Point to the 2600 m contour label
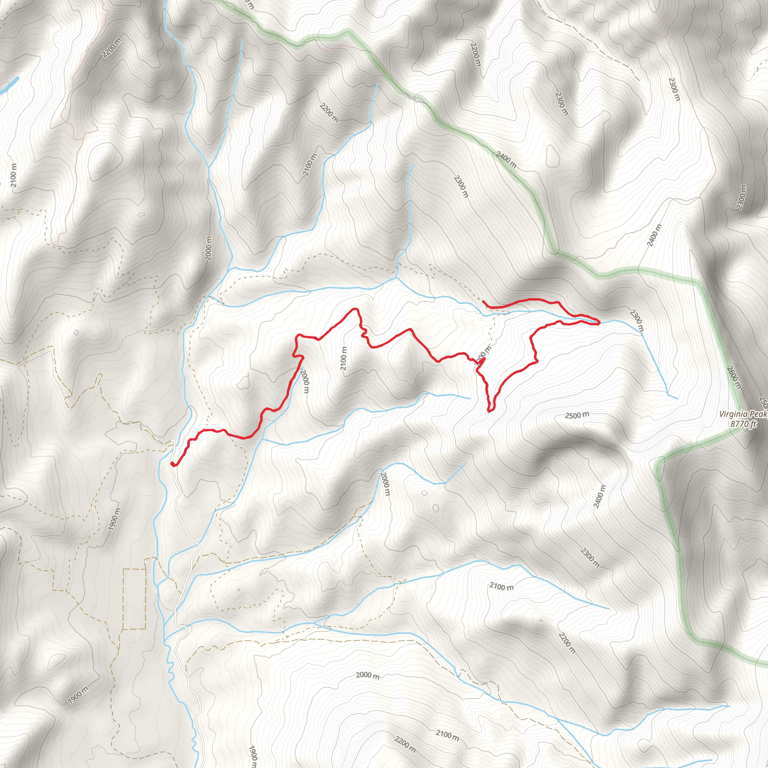pyautogui.click(x=734, y=377)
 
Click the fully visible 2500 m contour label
pyautogui.click(x=577, y=415)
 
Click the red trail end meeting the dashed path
pyautogui.click(x=483, y=302)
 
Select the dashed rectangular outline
pyautogui.click(x=134, y=599)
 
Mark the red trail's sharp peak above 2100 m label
pyautogui.click(x=355, y=309)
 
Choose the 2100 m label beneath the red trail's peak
pyautogui.click(x=344, y=358)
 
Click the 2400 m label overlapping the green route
pyautogui.click(x=506, y=159)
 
